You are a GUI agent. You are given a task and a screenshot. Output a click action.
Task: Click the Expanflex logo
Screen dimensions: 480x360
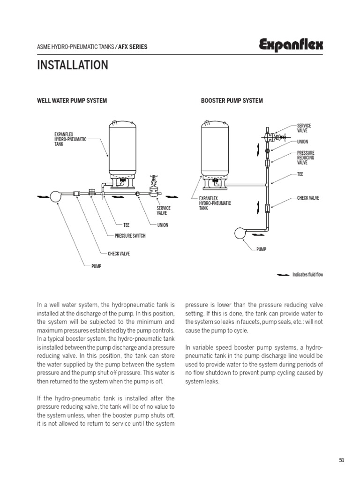pos(291,45)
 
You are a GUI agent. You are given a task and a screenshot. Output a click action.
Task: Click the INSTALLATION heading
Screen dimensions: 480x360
pos(73,65)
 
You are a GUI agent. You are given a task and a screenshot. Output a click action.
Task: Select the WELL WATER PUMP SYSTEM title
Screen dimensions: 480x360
pos(72,100)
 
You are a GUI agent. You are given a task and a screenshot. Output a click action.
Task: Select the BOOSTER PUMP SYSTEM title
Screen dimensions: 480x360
pos(232,100)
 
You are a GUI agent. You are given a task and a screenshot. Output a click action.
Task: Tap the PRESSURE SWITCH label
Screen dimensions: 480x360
pos(130,236)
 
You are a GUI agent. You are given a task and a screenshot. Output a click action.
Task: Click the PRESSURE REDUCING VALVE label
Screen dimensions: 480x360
pos(306,158)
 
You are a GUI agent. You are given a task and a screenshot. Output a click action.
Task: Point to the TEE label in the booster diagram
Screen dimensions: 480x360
pos(300,174)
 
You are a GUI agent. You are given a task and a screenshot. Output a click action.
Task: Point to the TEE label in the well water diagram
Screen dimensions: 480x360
pos(126,225)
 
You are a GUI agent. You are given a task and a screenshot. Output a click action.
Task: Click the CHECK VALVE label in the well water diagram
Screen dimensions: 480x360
pos(119,254)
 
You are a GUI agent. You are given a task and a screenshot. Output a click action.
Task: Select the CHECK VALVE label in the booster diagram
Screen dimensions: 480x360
pos(308,198)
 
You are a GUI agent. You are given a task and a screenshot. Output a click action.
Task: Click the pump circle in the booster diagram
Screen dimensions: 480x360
pos(241,233)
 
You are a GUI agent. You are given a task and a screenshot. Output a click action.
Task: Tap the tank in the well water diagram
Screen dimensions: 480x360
pos(122,145)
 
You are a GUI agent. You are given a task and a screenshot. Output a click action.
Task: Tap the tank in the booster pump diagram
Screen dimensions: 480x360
pos(215,145)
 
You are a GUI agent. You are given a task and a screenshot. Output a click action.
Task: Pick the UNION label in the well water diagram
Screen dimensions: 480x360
pos(163,225)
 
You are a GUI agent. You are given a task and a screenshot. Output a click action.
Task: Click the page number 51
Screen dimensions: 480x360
pos(341,460)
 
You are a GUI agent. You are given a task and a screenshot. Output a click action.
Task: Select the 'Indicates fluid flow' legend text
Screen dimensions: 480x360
pos(307,275)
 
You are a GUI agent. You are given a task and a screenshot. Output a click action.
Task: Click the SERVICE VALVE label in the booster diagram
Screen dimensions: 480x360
pos(304,128)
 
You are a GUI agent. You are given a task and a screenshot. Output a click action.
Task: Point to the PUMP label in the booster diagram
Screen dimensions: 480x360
pos(261,249)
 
